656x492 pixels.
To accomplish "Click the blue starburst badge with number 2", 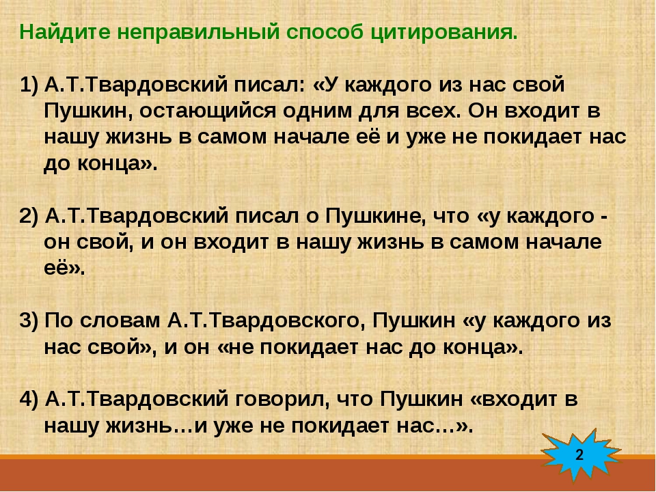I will (x=579, y=454).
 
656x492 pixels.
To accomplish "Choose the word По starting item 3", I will (x=57, y=321).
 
